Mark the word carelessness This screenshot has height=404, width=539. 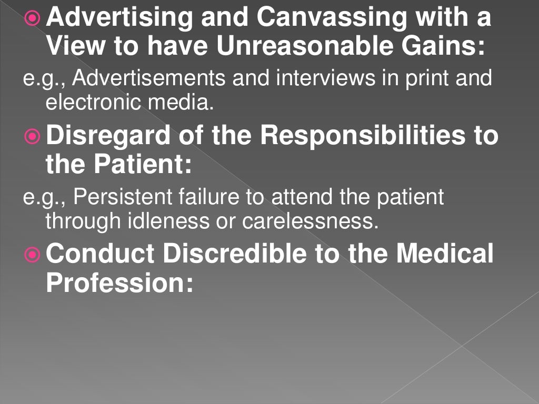coord(311,221)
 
